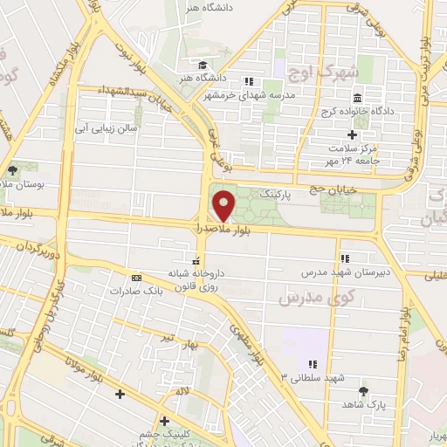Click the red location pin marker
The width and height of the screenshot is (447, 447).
(224, 206)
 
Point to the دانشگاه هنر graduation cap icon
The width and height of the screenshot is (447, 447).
(202, 65)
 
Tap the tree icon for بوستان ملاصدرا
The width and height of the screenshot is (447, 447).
(12, 171)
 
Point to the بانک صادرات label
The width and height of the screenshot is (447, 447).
(138, 291)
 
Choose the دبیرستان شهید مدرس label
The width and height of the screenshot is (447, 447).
(344, 272)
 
